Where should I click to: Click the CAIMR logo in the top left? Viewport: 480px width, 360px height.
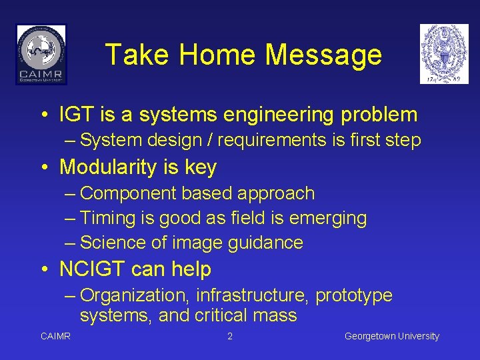pyautogui.click(x=41, y=54)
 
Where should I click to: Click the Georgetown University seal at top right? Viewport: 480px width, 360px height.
pyautogui.click(x=444, y=54)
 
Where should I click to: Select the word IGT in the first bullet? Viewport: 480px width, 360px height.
pyautogui.click(x=77, y=115)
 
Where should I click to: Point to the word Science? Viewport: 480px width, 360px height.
pyautogui.click(x=111, y=243)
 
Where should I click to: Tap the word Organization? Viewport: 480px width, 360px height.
pyautogui.click(x=134, y=295)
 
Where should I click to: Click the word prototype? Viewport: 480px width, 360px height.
pyautogui.click(x=353, y=295)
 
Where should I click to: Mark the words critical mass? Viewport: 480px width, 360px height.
pyautogui.click(x=246, y=315)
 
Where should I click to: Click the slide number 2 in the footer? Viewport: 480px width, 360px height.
pyautogui.click(x=230, y=337)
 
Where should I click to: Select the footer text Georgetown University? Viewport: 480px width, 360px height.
pyautogui.click(x=392, y=337)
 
